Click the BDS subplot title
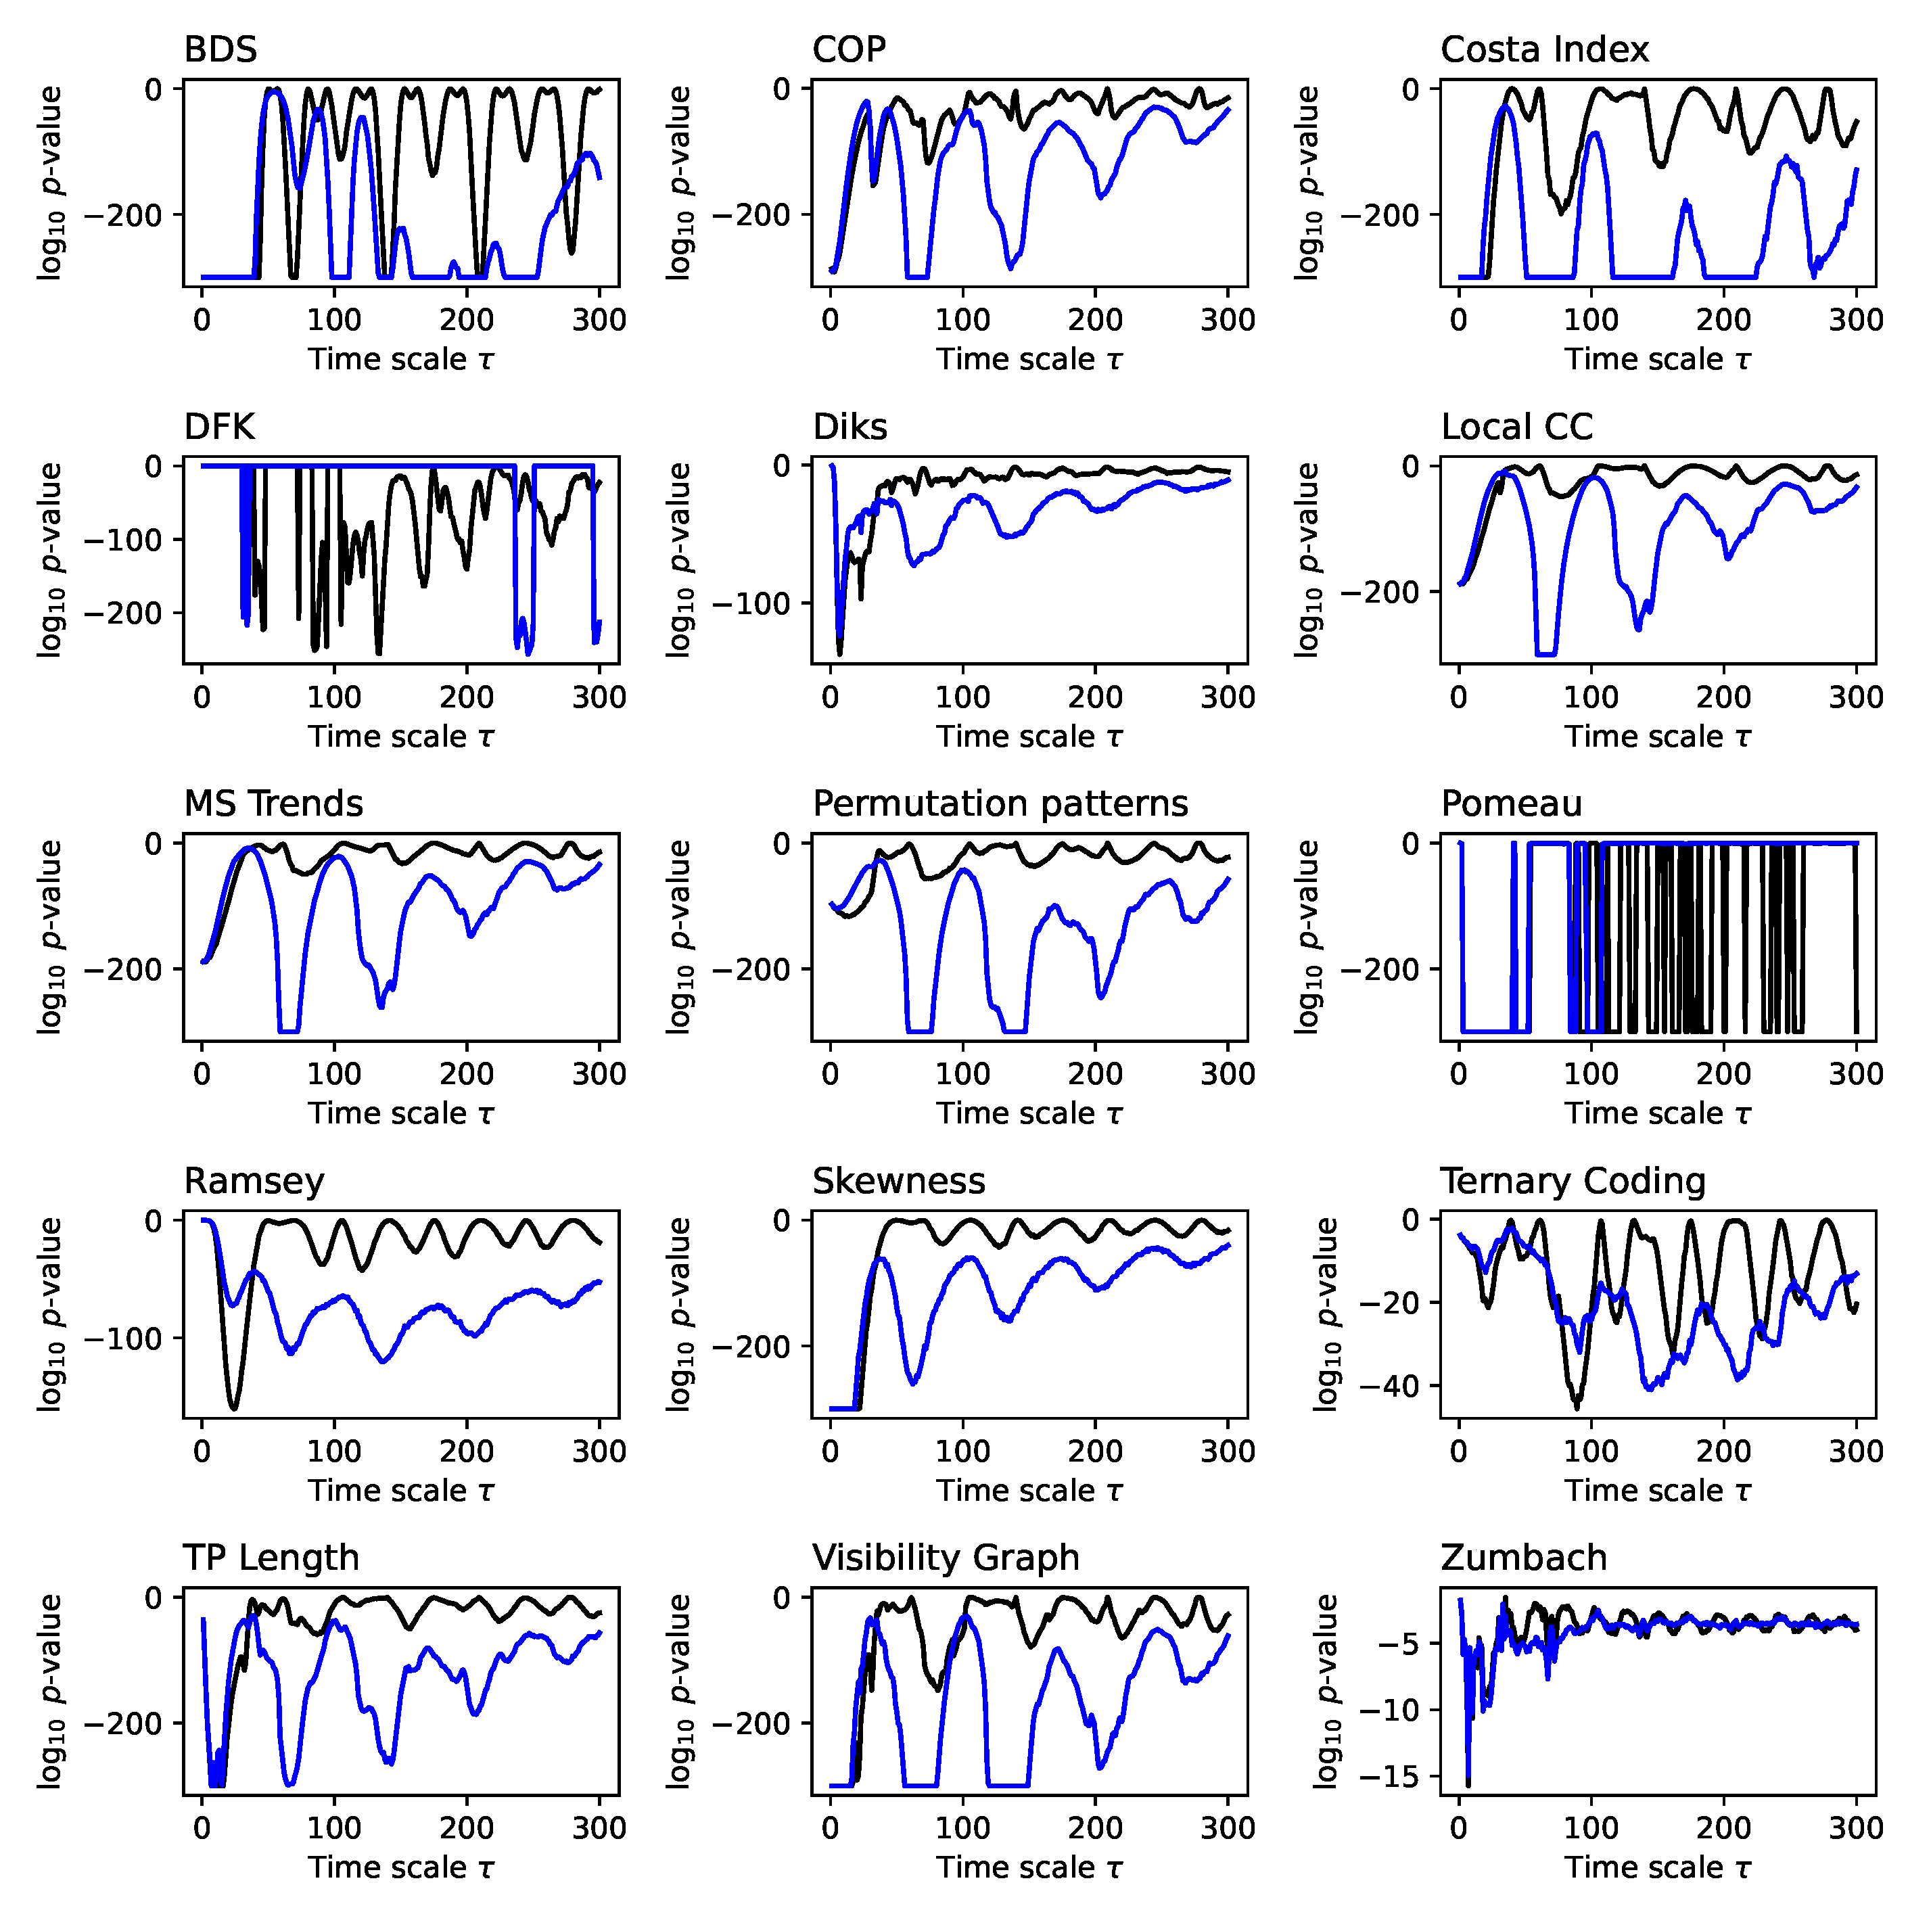click(220, 49)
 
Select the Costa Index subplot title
click(1543, 49)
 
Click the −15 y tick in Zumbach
click(1393, 1777)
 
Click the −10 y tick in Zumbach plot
click(1393, 1710)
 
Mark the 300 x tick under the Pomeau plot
click(1856, 1075)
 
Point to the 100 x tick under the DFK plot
click(334, 697)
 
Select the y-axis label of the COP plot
click(680, 183)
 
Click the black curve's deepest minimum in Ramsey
click(234, 1408)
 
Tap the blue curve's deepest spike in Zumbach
click(1468, 1781)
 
